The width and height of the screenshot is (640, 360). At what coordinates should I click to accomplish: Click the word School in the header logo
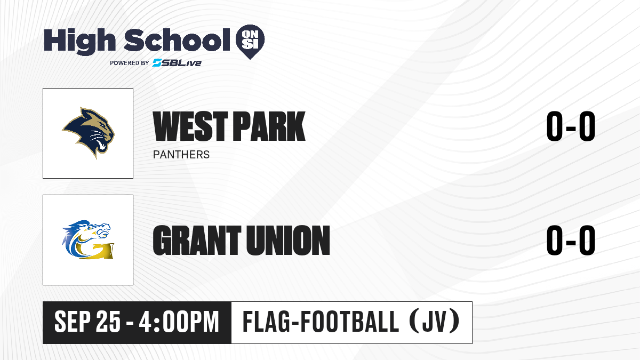click(177, 39)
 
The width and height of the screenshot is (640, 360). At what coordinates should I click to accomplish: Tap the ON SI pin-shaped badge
click(250, 42)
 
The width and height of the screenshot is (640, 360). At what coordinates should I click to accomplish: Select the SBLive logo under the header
click(177, 62)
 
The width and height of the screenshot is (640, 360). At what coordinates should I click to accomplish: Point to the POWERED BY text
click(130, 63)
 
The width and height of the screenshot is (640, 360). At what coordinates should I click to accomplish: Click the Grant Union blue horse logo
click(88, 239)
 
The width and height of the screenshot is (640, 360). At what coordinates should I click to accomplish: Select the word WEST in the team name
click(190, 126)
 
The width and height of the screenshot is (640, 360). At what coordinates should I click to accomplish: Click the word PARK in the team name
click(269, 126)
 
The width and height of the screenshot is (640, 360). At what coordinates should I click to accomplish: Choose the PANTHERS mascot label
click(181, 155)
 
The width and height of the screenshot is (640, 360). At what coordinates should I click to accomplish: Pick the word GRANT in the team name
click(197, 240)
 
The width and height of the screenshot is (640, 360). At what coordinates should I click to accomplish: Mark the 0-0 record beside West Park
click(571, 126)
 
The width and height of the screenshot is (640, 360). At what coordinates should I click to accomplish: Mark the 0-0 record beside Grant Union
click(571, 240)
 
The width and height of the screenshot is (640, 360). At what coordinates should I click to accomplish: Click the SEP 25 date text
click(87, 322)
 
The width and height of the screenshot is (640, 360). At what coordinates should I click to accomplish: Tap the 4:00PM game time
click(179, 322)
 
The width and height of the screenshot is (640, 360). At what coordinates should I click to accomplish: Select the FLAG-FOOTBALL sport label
click(321, 322)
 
